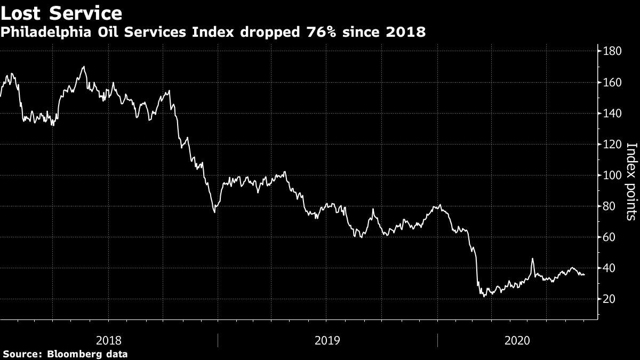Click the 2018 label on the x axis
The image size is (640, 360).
point(108,340)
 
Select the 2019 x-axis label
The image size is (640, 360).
point(326,340)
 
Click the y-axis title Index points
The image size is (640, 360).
point(631,181)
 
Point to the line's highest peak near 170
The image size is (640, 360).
point(84,67)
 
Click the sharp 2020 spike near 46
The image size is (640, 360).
point(532,259)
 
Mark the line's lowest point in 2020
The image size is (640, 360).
point(484,296)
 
